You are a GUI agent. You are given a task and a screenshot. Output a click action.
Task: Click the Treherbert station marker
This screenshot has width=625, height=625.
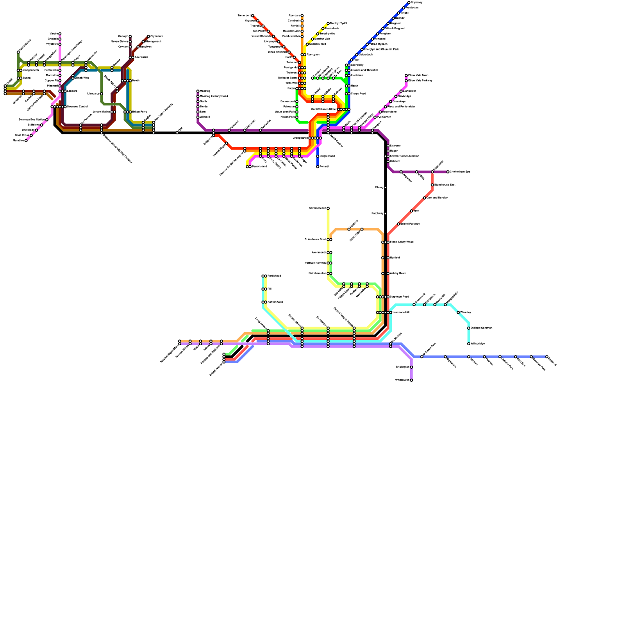(252, 16)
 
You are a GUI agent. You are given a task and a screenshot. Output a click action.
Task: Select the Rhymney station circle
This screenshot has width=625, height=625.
(409, 3)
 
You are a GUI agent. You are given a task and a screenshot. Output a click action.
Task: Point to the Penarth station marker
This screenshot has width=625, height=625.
(318, 167)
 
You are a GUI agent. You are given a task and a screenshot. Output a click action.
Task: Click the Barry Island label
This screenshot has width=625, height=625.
(259, 167)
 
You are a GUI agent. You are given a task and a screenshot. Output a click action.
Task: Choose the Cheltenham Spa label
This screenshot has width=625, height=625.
(460, 172)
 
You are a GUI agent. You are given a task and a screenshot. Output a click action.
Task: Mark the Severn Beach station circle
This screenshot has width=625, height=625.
(328, 208)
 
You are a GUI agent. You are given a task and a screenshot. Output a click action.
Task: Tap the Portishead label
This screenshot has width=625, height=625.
(274, 276)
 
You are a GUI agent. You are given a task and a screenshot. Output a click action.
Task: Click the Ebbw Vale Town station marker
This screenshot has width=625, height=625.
(406, 75)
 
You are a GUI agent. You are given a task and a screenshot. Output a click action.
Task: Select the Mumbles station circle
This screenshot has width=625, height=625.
(26, 141)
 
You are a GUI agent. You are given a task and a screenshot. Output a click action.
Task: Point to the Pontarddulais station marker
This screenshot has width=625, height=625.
(18, 52)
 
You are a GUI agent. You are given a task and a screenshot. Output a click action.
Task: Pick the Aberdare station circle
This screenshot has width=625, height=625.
(302, 16)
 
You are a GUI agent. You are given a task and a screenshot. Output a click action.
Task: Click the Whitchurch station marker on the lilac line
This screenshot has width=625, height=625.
(411, 380)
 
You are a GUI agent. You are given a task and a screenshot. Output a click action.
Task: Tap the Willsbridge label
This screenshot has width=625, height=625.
(478, 344)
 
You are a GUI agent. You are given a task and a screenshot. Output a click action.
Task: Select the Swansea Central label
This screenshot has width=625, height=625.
(77, 107)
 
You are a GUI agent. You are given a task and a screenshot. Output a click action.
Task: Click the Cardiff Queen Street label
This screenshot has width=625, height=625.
(324, 109)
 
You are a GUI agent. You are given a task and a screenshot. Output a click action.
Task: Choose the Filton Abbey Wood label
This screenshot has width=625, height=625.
(402, 242)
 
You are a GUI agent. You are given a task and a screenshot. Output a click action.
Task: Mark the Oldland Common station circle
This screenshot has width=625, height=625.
(469, 328)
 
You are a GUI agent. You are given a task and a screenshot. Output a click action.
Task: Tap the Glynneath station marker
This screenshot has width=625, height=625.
(148, 36)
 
